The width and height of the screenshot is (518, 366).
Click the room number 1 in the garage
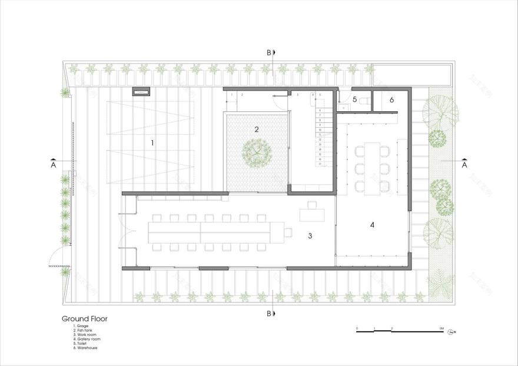[x=152, y=142]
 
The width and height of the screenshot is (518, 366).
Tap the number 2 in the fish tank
[x=257, y=129]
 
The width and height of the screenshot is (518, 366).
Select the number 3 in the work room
[x=310, y=236]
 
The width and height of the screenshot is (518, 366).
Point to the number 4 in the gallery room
[x=372, y=225]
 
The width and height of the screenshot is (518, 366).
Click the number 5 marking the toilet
[x=355, y=100]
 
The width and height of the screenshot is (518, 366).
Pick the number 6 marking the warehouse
[x=392, y=100]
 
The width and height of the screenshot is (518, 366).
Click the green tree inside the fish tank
[x=257, y=152]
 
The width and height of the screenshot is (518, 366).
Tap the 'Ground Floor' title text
[x=84, y=318]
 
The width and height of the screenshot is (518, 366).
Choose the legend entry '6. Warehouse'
[x=86, y=348]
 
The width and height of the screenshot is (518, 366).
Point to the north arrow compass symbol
[x=451, y=332]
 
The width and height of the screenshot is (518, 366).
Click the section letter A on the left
[x=53, y=165]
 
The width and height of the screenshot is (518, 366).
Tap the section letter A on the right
[x=464, y=165]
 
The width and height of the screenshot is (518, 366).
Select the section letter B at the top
[x=269, y=52]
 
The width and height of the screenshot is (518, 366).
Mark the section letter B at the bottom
[x=269, y=313]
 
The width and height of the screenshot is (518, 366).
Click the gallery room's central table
[x=372, y=168]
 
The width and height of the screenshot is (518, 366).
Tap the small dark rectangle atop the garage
[x=141, y=91]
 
